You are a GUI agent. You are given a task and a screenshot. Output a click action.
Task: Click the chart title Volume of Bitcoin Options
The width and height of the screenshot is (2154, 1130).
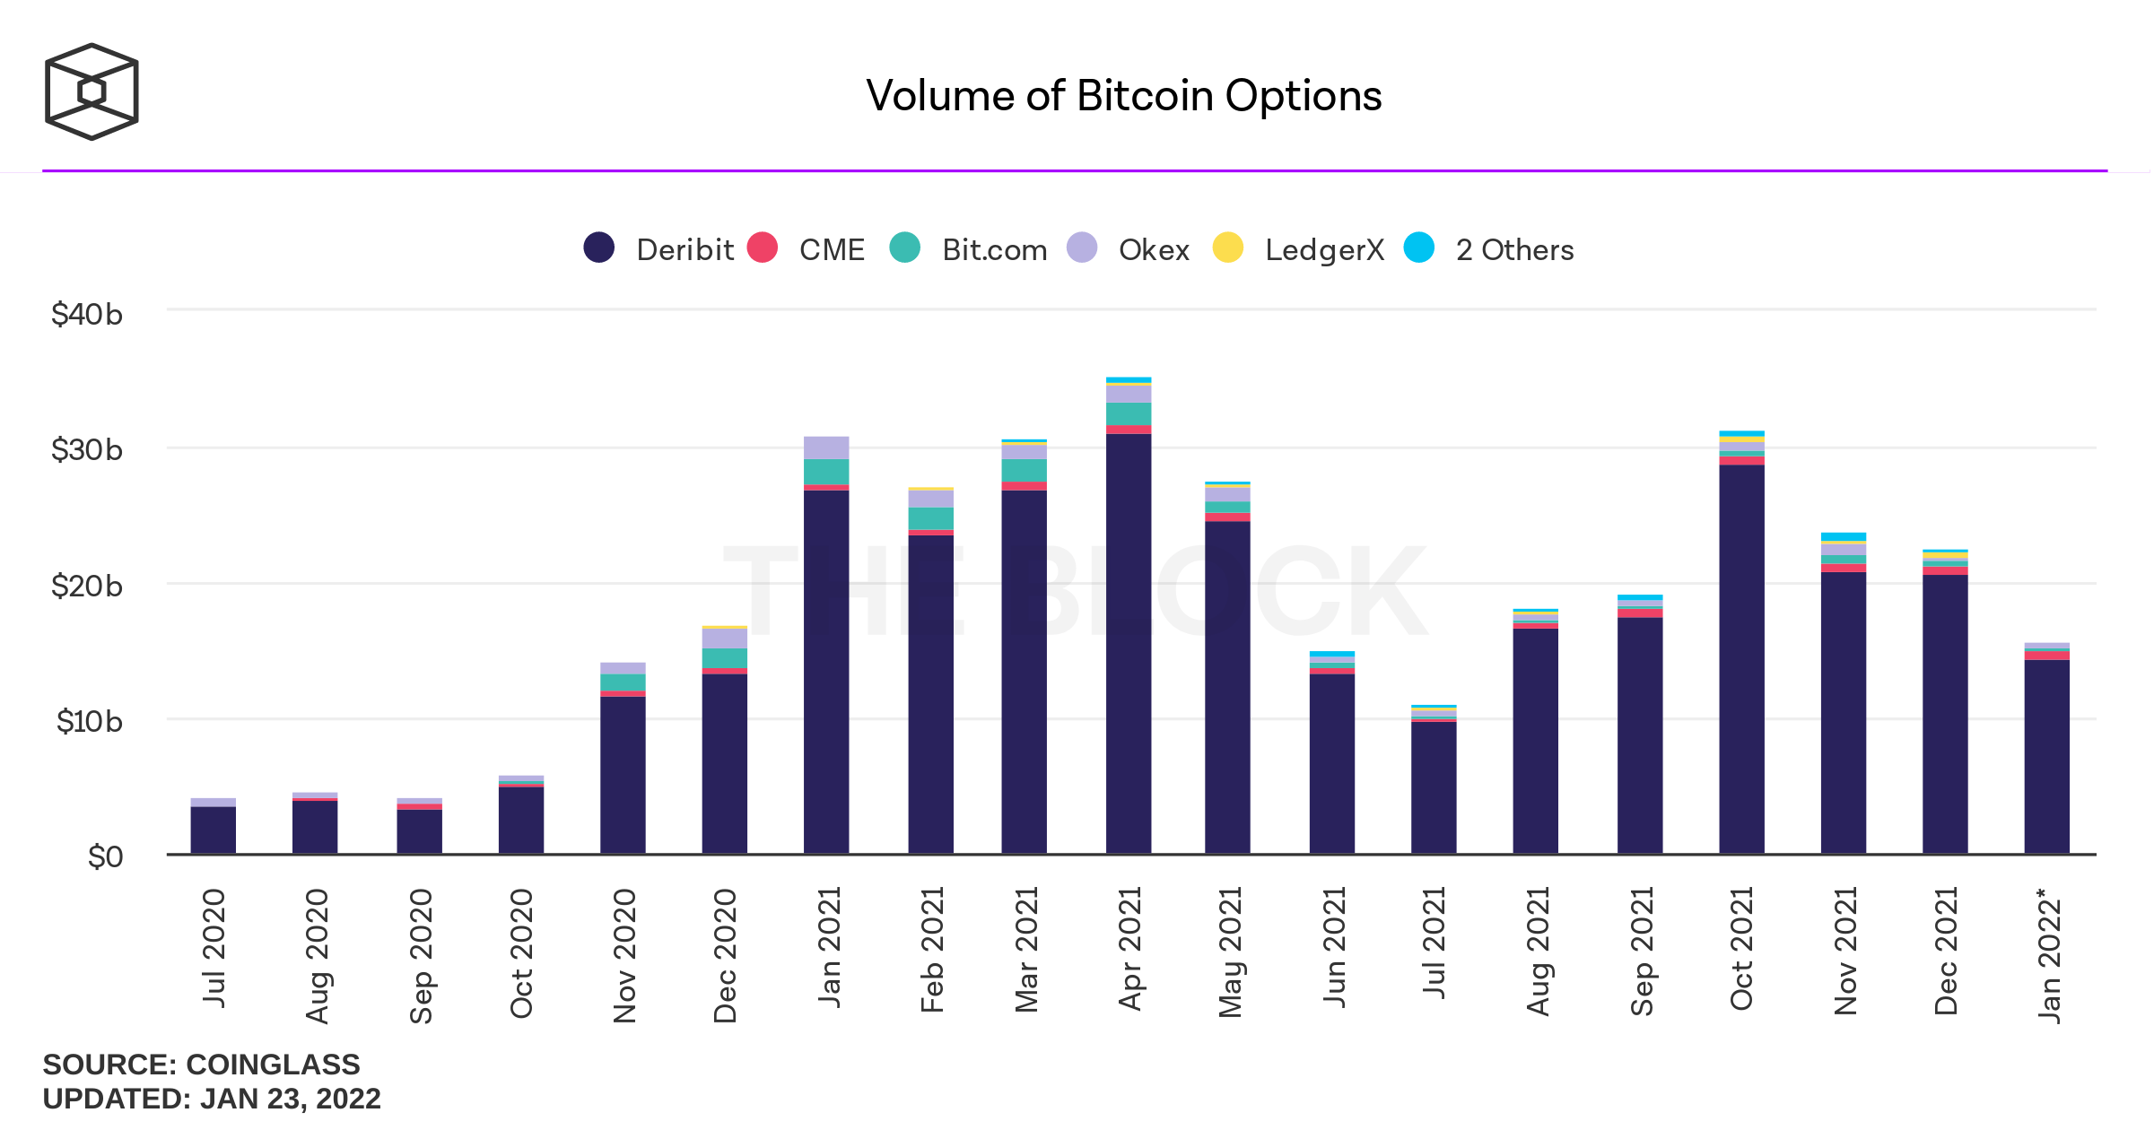(1123, 96)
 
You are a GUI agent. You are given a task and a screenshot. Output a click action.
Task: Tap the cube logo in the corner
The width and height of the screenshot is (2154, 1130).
(92, 91)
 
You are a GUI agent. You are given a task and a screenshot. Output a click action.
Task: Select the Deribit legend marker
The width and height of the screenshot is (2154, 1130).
(598, 248)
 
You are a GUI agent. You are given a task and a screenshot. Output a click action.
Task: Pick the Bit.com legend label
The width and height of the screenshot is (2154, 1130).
(994, 249)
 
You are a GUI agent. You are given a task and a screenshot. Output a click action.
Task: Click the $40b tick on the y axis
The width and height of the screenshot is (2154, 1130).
(87, 314)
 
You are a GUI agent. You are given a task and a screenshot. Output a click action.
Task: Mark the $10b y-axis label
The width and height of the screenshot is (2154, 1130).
(89, 721)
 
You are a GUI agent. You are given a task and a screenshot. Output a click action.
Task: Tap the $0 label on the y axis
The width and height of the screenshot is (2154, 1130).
(105, 856)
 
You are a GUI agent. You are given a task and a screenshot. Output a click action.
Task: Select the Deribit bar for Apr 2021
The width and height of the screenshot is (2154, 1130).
(1128, 641)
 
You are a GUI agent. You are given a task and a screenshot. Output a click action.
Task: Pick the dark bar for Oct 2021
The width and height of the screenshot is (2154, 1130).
(1741, 659)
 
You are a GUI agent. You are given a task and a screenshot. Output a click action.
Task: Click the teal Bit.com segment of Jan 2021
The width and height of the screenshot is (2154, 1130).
(825, 472)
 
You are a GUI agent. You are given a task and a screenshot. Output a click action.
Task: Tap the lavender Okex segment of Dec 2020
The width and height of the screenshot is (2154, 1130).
(724, 638)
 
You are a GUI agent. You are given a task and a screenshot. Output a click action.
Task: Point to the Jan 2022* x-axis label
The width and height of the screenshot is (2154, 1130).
(2049, 954)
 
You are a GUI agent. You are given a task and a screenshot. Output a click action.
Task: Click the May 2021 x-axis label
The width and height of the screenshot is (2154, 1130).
(1230, 952)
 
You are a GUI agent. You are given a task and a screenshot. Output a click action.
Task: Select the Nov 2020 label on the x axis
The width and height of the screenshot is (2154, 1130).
(624, 955)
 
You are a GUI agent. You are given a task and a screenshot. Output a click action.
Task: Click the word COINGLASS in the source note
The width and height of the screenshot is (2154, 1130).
(273, 1065)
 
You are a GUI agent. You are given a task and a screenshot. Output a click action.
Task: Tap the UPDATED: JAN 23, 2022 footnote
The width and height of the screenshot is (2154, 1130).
(212, 1099)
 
